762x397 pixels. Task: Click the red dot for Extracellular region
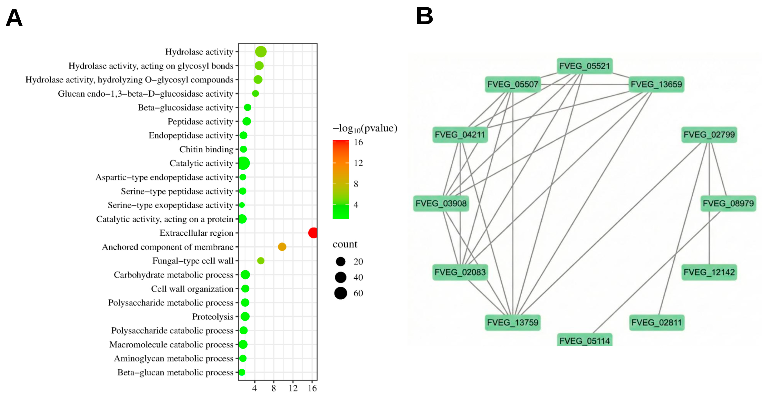click(313, 233)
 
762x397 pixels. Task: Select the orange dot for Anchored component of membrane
click(282, 247)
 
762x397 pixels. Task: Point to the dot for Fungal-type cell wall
click(261, 261)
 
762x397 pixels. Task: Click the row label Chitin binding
click(206, 149)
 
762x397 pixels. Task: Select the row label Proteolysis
click(213, 317)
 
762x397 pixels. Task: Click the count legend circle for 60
click(340, 293)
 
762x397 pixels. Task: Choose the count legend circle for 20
click(340, 262)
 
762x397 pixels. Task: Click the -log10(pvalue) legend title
click(365, 128)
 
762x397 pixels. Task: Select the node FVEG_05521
click(584, 66)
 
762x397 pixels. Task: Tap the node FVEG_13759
click(513, 322)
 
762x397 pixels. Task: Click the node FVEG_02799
click(709, 135)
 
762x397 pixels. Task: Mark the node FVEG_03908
click(441, 204)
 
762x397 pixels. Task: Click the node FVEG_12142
click(709, 272)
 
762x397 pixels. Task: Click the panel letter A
click(14, 18)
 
